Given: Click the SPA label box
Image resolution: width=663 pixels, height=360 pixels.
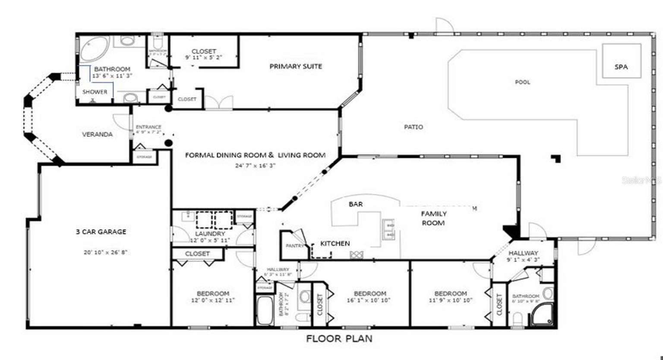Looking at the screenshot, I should click(x=621, y=67).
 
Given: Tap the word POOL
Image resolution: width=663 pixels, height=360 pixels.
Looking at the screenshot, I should click(x=522, y=82).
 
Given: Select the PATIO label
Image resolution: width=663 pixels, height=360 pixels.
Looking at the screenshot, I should click(x=413, y=127).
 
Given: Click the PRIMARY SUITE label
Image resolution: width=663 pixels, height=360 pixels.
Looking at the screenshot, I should click(x=296, y=66).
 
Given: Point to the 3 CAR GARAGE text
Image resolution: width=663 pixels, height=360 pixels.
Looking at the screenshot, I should click(x=101, y=232).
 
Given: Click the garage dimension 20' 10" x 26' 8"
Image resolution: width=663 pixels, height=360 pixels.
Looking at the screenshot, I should click(x=105, y=252).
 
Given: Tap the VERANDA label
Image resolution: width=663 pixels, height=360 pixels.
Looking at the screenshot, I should click(x=97, y=134).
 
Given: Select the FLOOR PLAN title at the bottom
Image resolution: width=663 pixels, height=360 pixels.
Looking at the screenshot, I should click(x=339, y=339).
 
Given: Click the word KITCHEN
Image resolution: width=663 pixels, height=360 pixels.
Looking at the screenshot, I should click(x=335, y=243).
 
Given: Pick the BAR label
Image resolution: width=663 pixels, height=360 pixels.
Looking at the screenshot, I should click(x=356, y=204).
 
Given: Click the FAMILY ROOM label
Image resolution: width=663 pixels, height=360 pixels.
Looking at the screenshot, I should click(x=433, y=218).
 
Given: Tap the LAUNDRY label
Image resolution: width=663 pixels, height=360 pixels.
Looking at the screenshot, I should click(x=210, y=234).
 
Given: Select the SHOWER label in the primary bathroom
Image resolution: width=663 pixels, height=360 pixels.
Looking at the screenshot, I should click(x=95, y=92).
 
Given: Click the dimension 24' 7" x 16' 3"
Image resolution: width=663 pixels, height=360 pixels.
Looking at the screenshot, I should click(x=255, y=165).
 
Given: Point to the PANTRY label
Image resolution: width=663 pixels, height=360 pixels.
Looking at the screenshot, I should click(x=295, y=246).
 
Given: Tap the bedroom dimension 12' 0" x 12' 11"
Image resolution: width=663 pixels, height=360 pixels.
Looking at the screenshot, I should click(x=213, y=300).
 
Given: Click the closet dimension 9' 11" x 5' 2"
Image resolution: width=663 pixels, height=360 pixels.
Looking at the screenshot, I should click(x=203, y=57).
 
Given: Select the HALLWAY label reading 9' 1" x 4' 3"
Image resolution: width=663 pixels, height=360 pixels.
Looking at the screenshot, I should click(x=523, y=256).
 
